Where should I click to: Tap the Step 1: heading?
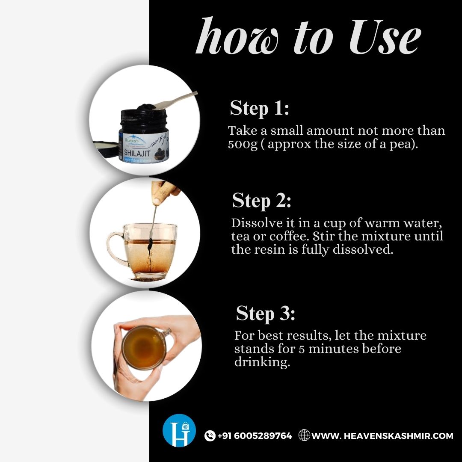(259, 108)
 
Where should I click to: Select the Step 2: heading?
(262, 201)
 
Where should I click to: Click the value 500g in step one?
(243, 144)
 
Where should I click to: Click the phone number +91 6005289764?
(255, 436)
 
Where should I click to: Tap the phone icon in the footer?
(210, 436)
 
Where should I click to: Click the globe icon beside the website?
(304, 435)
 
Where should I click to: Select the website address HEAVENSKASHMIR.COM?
(382, 436)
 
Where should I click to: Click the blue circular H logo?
(179, 430)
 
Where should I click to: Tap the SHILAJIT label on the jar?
(137, 153)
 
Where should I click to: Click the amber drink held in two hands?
(144, 347)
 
